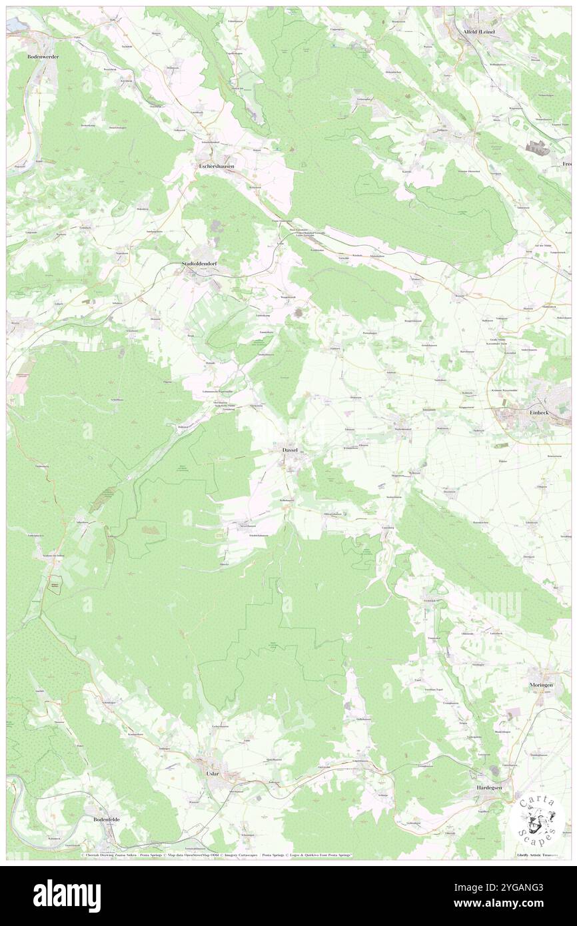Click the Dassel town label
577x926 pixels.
289,450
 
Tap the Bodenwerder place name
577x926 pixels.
43,57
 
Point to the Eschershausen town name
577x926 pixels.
217,166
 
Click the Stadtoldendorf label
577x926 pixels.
203,264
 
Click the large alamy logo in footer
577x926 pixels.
67,895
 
